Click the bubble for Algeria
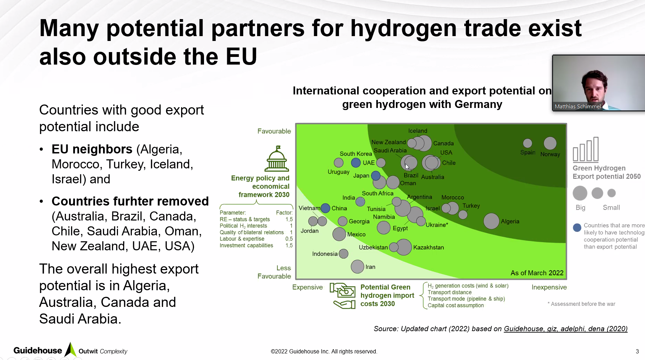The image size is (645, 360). coord(491,221)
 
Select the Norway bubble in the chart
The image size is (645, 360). coord(550,143)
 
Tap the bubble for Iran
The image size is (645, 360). coord(357,267)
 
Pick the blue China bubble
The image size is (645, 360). coord(325,208)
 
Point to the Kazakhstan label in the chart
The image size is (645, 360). coord(428,248)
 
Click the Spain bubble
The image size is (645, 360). coord(527,143)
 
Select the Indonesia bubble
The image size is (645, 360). coord(343,254)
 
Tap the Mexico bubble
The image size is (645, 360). coord(339,234)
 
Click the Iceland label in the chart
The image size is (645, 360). coord(417,131)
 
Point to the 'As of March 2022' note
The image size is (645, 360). coord(537,273)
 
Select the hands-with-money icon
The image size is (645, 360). coord(343,295)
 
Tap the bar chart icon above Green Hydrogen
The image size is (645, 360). coord(586,150)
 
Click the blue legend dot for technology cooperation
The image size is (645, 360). coord(577,228)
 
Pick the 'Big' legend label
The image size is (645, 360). coord(580,208)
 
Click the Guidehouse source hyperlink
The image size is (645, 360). coord(566,329)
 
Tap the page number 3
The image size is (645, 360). coord(637,351)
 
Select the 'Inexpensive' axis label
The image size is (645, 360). coord(549,287)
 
